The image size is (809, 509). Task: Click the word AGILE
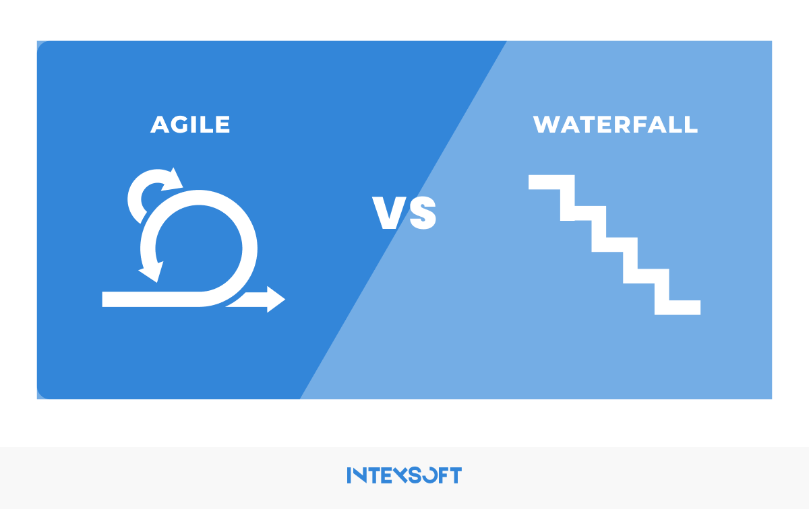point(190,125)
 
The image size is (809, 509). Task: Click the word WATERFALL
point(616,125)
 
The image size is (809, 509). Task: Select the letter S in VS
point(423,213)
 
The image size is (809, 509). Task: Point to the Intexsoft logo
point(404,475)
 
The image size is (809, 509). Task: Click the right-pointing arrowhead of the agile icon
point(276,300)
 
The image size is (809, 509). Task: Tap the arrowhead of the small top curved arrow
point(173,179)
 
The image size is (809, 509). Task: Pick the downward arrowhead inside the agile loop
point(151,271)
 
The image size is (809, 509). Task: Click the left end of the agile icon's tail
point(103,300)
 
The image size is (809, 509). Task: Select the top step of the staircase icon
point(551,182)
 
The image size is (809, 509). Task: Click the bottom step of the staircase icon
point(678,307)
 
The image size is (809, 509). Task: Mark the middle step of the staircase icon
point(614,244)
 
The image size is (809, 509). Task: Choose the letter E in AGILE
point(223,125)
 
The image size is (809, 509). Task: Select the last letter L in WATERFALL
point(691,125)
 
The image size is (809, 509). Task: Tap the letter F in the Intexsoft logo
point(443,475)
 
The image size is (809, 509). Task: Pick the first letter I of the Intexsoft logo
point(349,475)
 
